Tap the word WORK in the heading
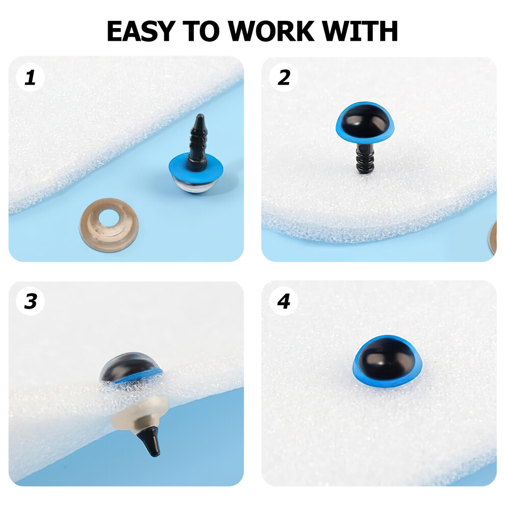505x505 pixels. pos(271,31)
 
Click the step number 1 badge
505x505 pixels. pos(30,78)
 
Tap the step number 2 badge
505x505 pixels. pos(284,78)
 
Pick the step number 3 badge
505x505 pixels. pos(31,301)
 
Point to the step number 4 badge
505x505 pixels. pos(284,301)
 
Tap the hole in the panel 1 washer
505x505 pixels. pos(109,217)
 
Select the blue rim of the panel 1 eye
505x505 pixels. pos(195,168)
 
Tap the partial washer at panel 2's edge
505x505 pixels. pos(493,237)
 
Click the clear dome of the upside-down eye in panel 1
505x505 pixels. pos(195,187)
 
